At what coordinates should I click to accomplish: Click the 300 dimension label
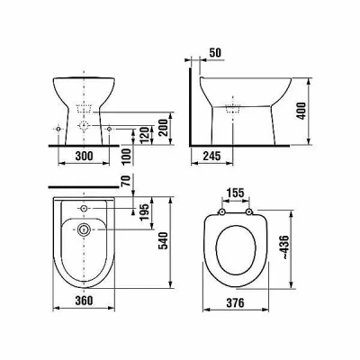tap(84, 156)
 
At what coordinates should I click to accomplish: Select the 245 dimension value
tap(211, 156)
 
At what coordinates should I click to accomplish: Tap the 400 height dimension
tap(301, 111)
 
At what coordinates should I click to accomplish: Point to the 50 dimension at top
tap(215, 52)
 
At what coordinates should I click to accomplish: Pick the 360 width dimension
tap(84, 301)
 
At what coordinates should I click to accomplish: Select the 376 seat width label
tap(235, 303)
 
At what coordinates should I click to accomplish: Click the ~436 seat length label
tap(285, 247)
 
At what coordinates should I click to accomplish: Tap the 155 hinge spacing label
tap(235, 193)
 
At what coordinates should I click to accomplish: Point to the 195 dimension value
tap(144, 211)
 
